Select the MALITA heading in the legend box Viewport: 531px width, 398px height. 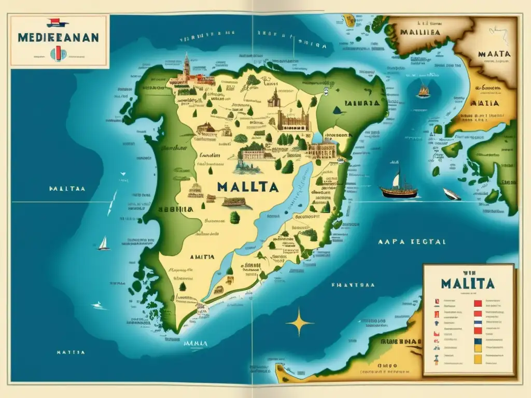click(468, 283)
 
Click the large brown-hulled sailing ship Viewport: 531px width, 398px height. click(399, 189)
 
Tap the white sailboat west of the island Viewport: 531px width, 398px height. click(104, 244)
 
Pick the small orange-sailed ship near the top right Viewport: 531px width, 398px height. click(424, 91)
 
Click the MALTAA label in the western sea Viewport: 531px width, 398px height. click(67, 189)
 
